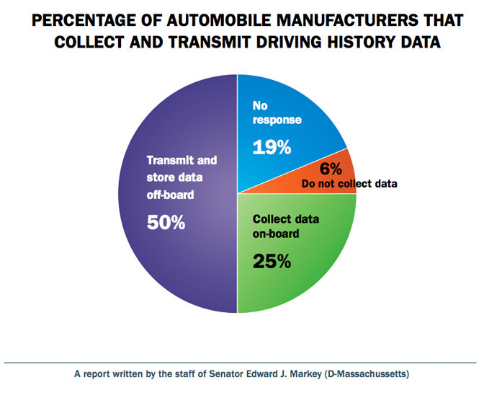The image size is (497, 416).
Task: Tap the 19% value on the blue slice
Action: pos(271,148)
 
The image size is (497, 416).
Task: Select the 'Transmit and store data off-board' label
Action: pos(182,177)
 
